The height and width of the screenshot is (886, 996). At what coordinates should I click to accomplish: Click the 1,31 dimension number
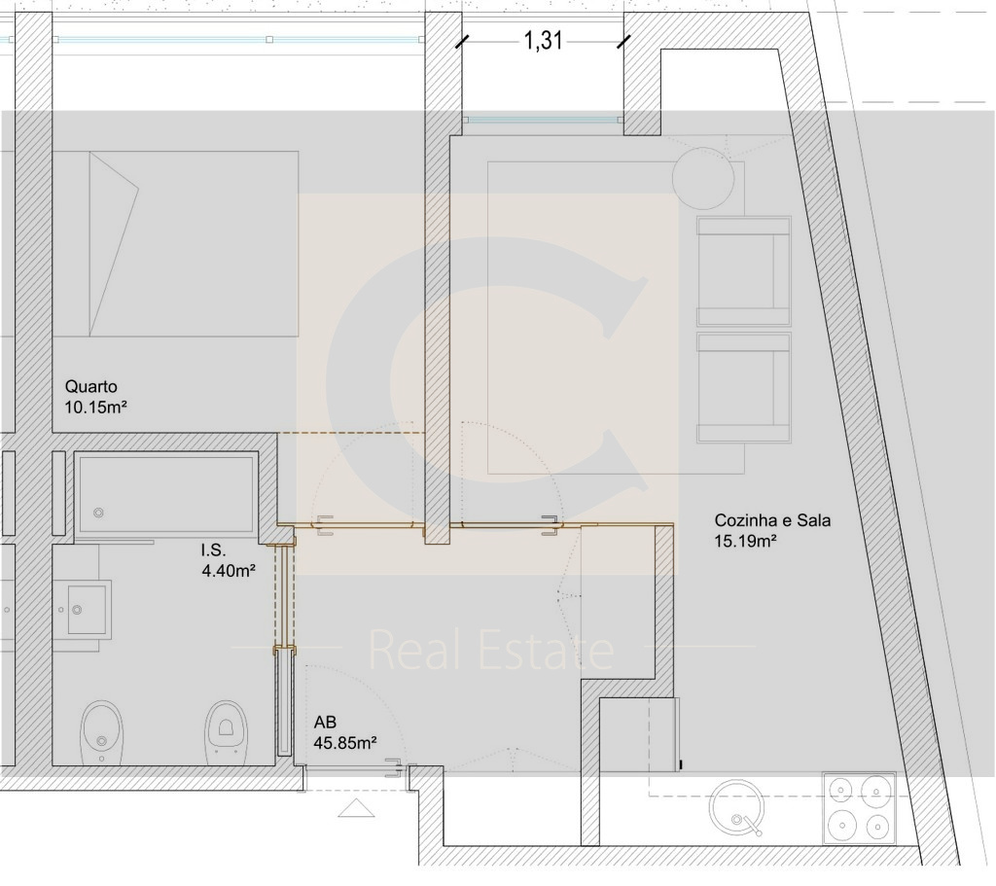click(x=543, y=41)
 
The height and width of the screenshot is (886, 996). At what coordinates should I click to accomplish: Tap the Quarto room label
click(x=90, y=386)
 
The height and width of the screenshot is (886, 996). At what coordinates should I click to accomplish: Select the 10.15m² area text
click(x=96, y=408)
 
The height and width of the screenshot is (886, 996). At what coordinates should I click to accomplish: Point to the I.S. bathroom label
click(x=213, y=550)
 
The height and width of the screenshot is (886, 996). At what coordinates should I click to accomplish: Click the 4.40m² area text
click(x=229, y=570)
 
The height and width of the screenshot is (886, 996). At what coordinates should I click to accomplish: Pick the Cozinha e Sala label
click(x=772, y=520)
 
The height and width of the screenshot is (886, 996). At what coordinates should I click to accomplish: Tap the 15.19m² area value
click(x=746, y=541)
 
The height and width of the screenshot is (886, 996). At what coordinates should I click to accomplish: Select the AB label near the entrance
click(x=325, y=723)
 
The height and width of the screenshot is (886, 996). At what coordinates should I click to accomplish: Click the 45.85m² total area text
click(x=345, y=742)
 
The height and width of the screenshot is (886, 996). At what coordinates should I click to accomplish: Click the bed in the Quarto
click(x=175, y=244)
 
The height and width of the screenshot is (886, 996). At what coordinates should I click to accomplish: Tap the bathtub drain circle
click(x=98, y=513)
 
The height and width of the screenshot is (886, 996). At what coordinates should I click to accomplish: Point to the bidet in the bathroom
click(x=102, y=733)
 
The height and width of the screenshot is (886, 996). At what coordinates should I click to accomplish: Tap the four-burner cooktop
click(x=860, y=808)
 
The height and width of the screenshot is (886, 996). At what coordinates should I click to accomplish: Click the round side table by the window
click(x=703, y=179)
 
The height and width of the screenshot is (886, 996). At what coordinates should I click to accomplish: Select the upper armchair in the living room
click(x=744, y=271)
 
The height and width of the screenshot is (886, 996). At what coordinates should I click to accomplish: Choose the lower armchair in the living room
click(x=744, y=387)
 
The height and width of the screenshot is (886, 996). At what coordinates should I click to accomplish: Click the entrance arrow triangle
click(x=356, y=808)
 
